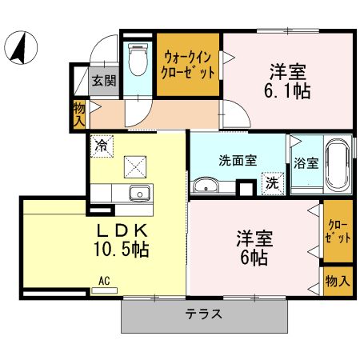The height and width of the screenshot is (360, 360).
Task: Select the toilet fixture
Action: (x=138, y=58)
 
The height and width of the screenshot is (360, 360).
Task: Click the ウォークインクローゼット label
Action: (x=189, y=63)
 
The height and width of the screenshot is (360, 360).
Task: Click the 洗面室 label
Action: (x=238, y=159)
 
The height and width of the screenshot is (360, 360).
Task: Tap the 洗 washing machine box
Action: (x=272, y=182)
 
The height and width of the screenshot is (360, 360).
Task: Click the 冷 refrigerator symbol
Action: (x=102, y=146)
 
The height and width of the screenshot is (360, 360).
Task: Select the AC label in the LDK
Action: (x=104, y=280)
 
